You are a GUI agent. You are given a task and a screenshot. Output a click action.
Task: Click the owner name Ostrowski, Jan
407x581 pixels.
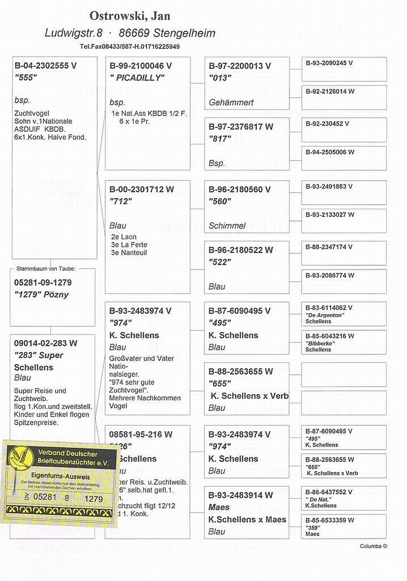130,16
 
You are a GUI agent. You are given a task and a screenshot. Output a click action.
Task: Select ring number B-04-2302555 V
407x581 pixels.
46,66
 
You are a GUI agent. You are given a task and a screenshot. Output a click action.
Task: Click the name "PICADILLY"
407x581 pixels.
137,78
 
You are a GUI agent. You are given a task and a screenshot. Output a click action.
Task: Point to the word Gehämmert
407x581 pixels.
231,102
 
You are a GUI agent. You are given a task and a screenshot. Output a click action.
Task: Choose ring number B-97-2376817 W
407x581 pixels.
241,126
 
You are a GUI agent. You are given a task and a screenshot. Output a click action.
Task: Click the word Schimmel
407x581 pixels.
227,226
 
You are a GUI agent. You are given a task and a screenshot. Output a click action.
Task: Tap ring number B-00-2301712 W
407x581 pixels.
141,189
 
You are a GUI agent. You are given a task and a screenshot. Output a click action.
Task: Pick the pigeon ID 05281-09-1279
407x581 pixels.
43,283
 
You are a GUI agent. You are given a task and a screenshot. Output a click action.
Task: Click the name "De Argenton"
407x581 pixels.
325,315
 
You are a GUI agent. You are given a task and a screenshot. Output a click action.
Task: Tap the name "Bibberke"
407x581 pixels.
320,344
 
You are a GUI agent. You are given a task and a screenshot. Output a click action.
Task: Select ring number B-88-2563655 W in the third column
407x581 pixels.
241,371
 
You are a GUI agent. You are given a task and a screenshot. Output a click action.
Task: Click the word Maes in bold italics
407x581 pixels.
219,507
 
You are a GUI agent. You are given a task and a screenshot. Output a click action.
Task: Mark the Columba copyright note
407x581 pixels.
373,546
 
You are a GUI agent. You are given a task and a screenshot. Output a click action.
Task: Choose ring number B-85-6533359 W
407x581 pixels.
330,520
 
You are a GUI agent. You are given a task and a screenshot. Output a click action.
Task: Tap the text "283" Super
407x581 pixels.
39,355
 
